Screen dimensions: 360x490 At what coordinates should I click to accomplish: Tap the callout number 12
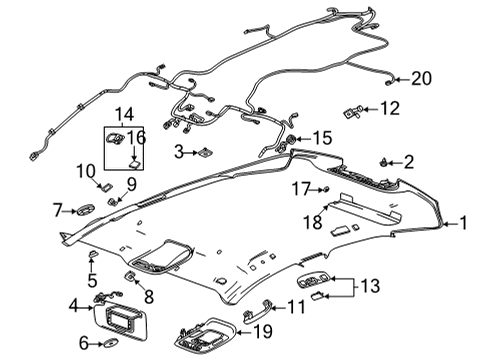click(389, 107)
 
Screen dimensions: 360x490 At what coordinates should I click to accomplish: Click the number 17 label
click(301, 187)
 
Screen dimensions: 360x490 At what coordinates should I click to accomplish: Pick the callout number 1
click(463, 224)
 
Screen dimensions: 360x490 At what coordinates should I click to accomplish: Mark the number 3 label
click(178, 152)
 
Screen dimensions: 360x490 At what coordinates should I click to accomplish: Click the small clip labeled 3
click(202, 152)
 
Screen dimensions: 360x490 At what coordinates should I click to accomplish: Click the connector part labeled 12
click(354, 109)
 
